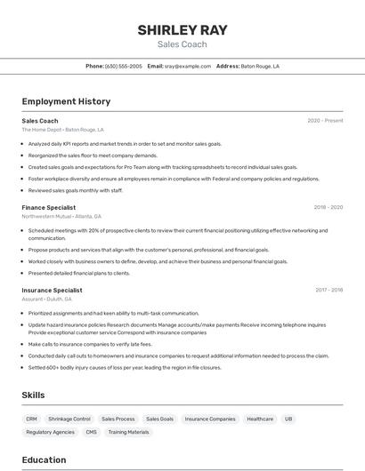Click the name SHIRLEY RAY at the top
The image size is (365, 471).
point(182,30)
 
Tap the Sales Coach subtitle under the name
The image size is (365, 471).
point(182,44)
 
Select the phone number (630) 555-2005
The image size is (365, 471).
point(124,66)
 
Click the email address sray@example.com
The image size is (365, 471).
point(182,66)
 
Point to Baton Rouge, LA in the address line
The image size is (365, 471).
point(260,66)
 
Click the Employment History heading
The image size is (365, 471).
point(66,101)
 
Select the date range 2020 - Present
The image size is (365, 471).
point(325,121)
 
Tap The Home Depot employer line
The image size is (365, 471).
point(62,130)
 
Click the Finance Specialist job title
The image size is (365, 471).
point(48,207)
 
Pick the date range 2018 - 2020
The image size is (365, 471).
point(328,207)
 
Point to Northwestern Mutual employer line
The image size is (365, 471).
point(61,216)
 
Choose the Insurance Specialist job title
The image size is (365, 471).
point(52,290)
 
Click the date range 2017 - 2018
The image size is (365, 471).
point(328,290)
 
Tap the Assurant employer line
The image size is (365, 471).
point(46,299)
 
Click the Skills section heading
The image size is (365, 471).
point(34,395)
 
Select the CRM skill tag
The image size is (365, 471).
point(31,419)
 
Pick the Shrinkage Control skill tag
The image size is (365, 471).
point(69,419)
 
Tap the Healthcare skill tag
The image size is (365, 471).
point(260,419)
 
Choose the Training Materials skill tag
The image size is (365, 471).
point(129,432)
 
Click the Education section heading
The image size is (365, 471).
point(44,460)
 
